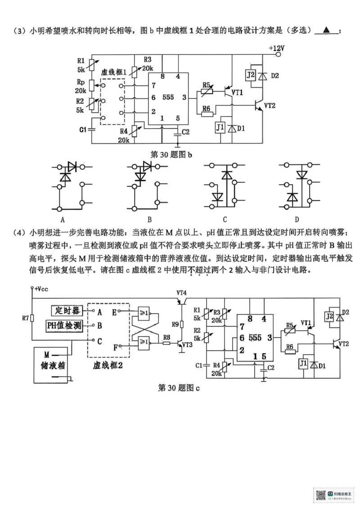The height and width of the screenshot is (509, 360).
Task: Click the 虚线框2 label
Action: [x=108, y=366]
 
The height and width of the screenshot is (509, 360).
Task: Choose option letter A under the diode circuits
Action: [x=63, y=219]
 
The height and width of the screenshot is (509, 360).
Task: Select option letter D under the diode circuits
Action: [x=297, y=219]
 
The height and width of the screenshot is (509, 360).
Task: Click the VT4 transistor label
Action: [x=181, y=292]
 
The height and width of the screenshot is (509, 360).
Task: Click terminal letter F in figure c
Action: [x=116, y=347]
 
